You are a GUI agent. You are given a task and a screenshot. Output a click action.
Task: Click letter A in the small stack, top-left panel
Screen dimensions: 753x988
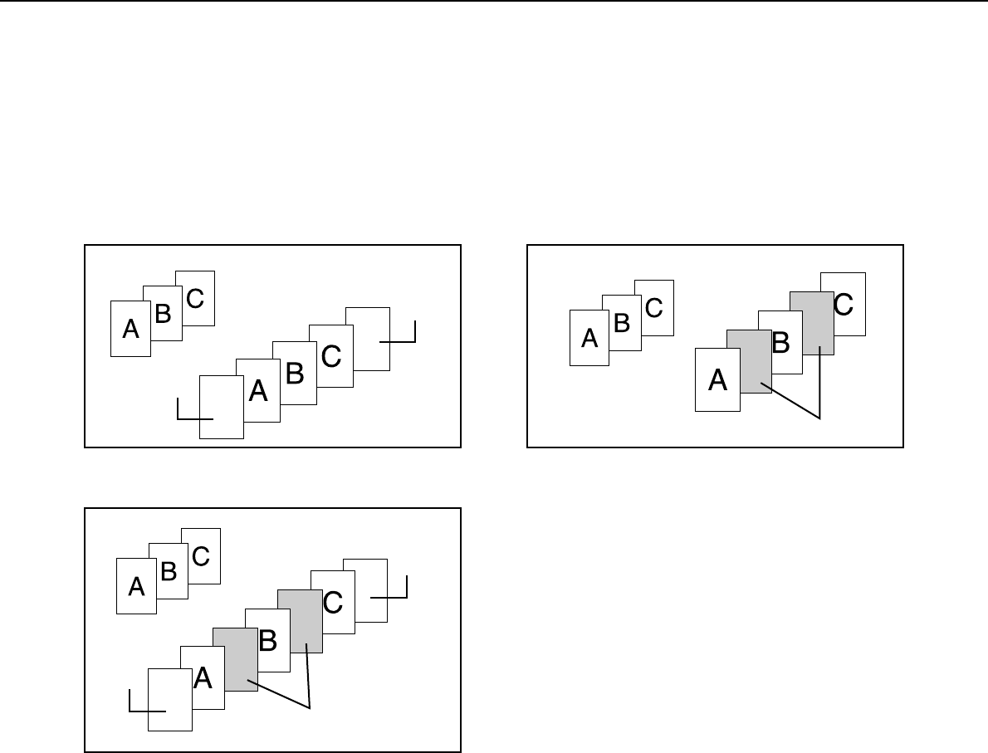[130, 330]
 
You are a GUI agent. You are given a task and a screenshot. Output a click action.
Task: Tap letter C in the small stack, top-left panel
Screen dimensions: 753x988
[195, 298]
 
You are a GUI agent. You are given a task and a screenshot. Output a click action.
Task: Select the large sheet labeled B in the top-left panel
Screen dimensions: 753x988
[294, 374]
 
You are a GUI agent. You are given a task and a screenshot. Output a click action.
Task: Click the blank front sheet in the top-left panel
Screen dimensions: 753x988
[220, 407]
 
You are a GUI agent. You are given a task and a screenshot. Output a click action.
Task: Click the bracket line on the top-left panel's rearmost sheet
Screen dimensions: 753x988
[399, 340]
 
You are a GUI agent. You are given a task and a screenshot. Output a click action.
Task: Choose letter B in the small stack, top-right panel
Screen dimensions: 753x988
[622, 322]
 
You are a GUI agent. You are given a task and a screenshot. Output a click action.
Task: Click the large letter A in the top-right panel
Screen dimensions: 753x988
[717, 381]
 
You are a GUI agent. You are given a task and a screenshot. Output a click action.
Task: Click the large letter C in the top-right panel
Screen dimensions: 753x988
[842, 305]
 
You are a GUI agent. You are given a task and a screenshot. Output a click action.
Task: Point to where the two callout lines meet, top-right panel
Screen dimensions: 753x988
[819, 418]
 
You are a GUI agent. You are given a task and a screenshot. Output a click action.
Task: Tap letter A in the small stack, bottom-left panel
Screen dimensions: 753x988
[136, 587]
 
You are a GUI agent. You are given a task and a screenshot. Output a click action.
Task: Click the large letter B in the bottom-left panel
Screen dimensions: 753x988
[267, 640]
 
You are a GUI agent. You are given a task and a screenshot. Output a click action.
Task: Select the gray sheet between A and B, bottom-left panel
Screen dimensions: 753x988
[235, 660]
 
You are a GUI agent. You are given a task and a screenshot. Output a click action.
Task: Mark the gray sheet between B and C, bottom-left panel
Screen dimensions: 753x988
[300, 620]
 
